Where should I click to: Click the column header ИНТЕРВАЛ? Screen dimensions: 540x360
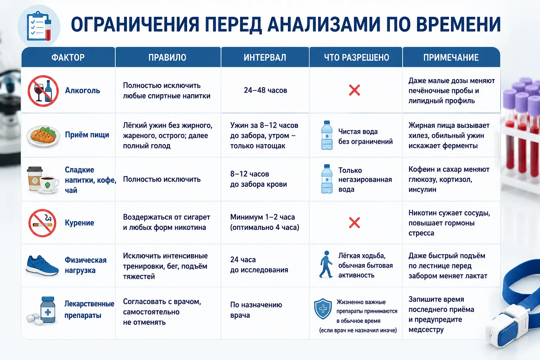[265, 58]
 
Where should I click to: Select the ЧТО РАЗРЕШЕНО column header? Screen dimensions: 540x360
[356, 58]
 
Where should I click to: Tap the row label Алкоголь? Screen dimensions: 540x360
[83, 90]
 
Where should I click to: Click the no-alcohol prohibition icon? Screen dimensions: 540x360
[43, 91]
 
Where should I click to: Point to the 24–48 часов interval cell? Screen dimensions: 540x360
[265, 90]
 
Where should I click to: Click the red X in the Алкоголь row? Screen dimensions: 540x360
[354, 90]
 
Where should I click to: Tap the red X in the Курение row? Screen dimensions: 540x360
[354, 223]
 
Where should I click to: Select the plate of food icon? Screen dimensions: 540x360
[43, 136]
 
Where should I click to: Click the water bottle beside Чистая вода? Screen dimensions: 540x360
[327, 135]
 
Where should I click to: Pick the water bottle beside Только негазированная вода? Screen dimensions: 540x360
[327, 179]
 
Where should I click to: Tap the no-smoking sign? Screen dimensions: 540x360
[43, 223]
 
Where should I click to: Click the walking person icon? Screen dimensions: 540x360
[326, 264]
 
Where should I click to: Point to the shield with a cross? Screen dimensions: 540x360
[323, 309]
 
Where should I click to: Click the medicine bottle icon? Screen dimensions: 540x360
[48, 310]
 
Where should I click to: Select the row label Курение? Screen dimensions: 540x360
[79, 223]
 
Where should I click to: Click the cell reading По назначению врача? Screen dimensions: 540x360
[256, 310]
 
